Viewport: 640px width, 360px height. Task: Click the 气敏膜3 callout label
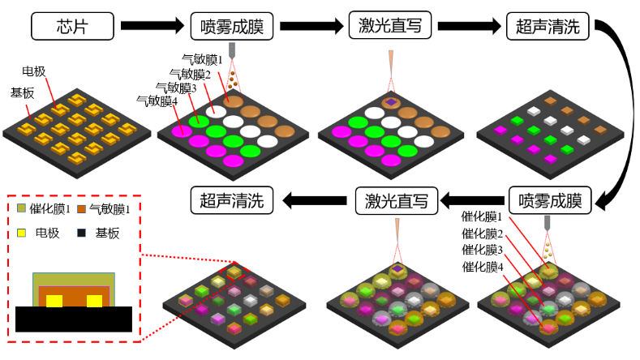pos(176,88)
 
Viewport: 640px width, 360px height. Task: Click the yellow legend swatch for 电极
pos(21,234)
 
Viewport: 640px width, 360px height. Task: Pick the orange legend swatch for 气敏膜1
pos(80,210)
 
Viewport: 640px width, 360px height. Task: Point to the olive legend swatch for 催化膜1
pos(21,210)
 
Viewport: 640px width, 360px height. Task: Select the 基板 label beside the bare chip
pos(23,92)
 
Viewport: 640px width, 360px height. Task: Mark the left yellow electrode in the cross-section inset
pos(54,302)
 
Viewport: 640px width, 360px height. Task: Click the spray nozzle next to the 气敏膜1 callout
pos(233,50)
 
